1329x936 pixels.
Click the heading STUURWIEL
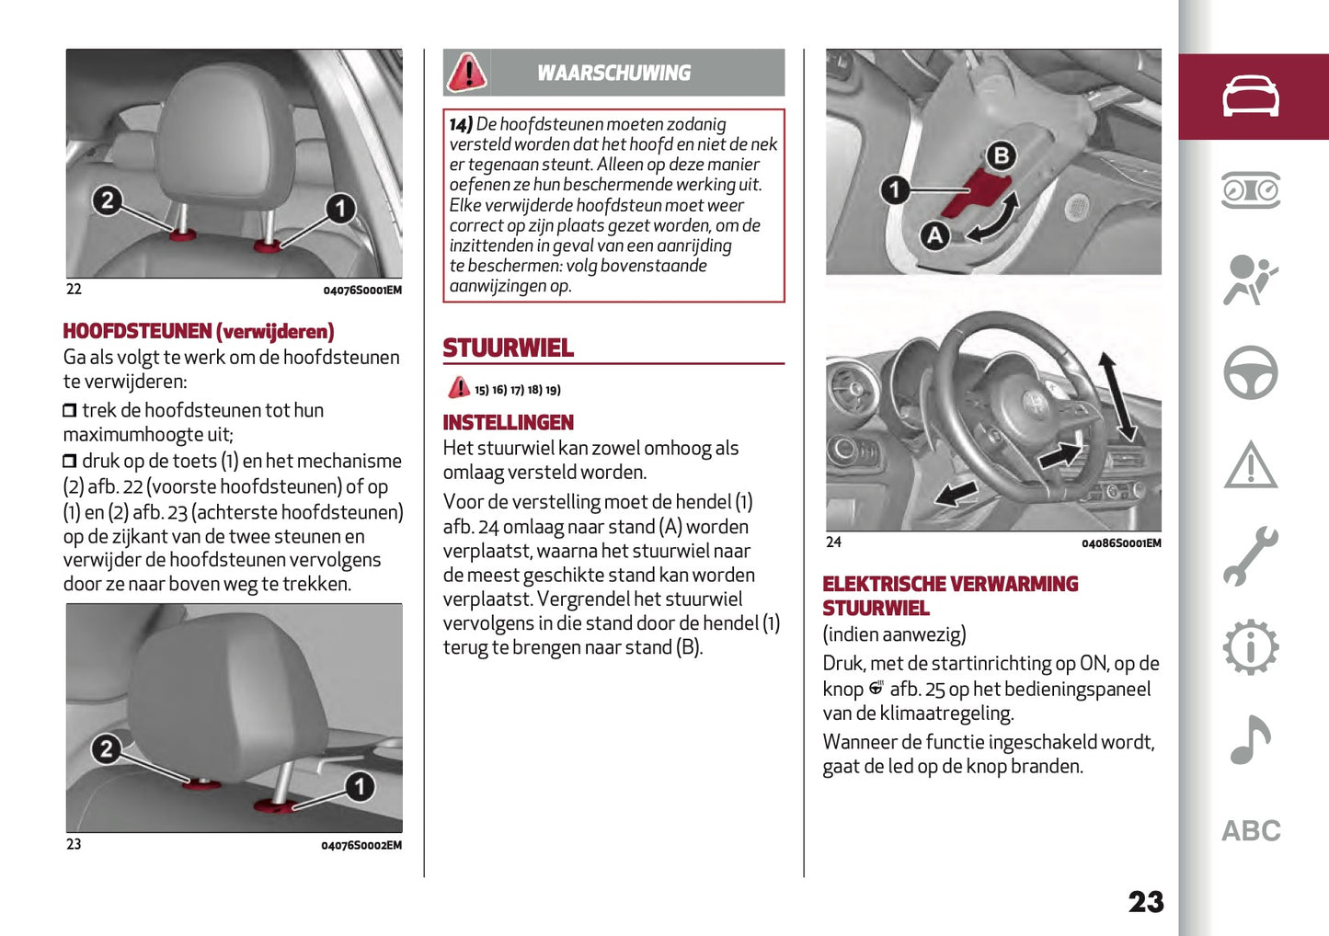point(508,348)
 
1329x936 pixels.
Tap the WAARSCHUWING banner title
point(613,74)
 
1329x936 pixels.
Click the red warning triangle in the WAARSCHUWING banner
point(467,73)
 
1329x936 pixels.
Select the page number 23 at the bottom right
point(1145,902)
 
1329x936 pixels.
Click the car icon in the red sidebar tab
point(1250,97)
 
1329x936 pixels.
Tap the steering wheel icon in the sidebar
point(1250,372)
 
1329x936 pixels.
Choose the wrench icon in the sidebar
point(1250,556)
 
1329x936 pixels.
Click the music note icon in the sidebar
point(1250,739)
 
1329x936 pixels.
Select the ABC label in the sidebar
point(1250,831)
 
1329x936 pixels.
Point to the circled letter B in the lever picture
point(1002,155)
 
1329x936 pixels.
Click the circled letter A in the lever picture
point(935,235)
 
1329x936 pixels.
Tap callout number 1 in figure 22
point(340,209)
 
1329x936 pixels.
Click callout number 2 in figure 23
point(107,749)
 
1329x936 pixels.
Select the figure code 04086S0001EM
point(1120,543)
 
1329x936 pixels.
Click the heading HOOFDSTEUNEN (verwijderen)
point(199,331)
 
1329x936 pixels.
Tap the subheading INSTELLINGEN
point(508,423)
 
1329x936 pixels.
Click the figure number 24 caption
point(833,542)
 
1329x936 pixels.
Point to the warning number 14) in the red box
point(461,124)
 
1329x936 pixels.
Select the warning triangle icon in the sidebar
point(1250,465)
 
